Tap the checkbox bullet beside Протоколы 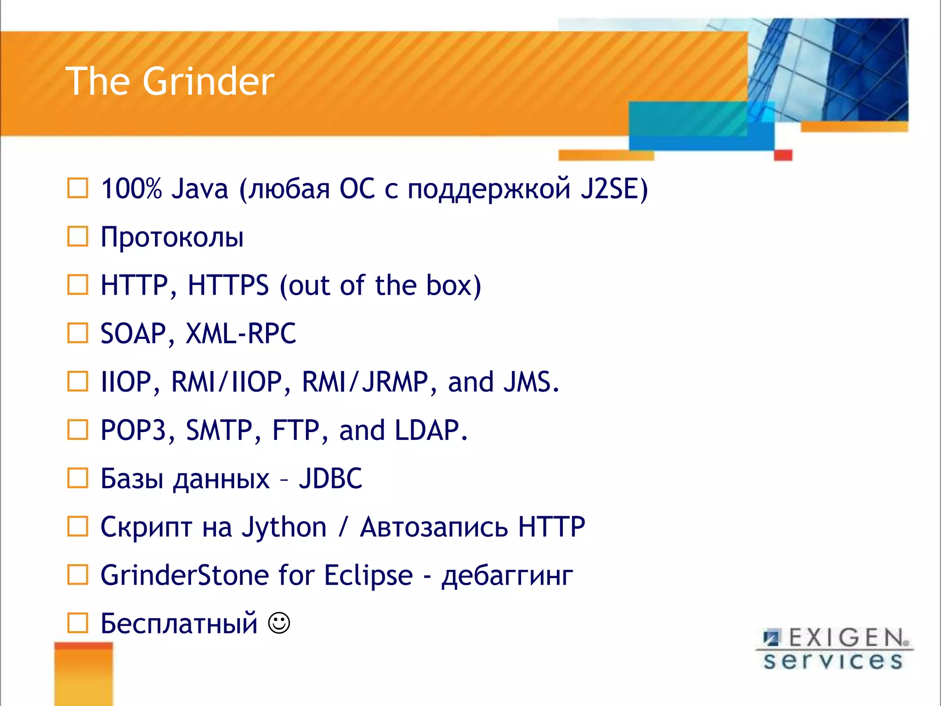pos(78,237)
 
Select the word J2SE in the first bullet pos(610,189)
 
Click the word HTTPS pos(228,285)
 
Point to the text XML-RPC pos(241,333)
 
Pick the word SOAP pos(133,333)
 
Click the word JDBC pos(330,478)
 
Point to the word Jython pos(284,527)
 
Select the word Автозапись pos(434,527)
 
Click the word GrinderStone pos(184,575)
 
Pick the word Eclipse pos(368,575)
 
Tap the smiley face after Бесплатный pos(279,623)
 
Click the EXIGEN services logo pos(833,649)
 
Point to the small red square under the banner pos(783,155)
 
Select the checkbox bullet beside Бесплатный pos(78,623)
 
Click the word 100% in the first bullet pos(131,189)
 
